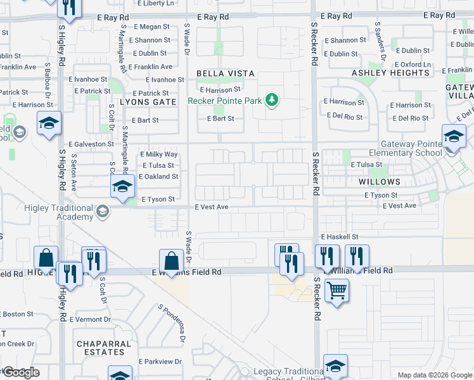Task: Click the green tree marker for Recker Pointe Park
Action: (272, 99)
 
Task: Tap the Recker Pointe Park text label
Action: (226, 100)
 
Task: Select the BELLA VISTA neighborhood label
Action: (225, 73)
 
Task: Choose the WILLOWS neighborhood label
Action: (380, 181)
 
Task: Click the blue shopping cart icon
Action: (336, 291)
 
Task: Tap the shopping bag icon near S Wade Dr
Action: (171, 260)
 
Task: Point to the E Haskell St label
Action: (340, 236)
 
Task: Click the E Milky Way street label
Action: (158, 155)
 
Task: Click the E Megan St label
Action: (152, 27)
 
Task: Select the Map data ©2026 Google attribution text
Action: (435, 375)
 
